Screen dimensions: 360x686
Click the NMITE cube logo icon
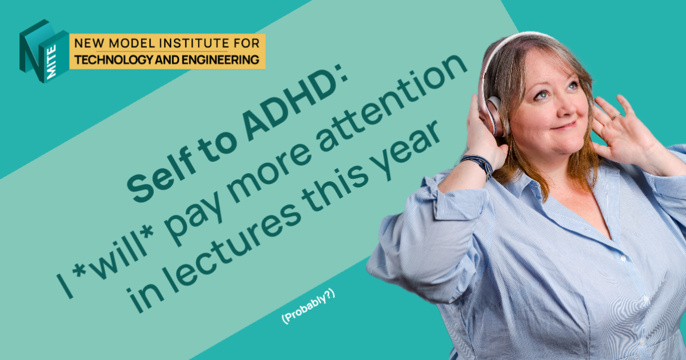[x=43, y=51]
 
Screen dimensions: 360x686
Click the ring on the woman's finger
[x=615, y=117]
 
